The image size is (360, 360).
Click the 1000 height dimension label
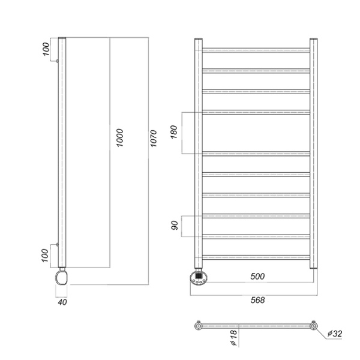pyautogui.click(x=119, y=139)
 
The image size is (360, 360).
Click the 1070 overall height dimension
pyautogui.click(x=154, y=140)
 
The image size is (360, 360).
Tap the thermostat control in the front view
pyautogui.click(x=199, y=278)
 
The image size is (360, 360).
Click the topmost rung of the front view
pyautogui.click(x=256, y=49)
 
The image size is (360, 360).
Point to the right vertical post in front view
pyautogui.click(x=313, y=153)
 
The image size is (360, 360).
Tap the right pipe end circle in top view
pyautogui.click(x=313, y=326)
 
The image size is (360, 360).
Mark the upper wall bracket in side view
pyautogui.click(x=56, y=61)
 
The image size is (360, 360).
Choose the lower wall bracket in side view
pyautogui.click(x=56, y=244)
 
